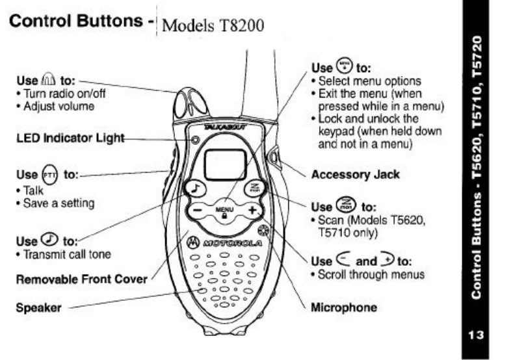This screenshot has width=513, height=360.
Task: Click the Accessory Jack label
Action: click(x=355, y=174)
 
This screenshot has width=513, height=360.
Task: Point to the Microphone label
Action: click(x=344, y=306)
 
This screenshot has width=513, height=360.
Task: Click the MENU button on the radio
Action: click(x=224, y=212)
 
